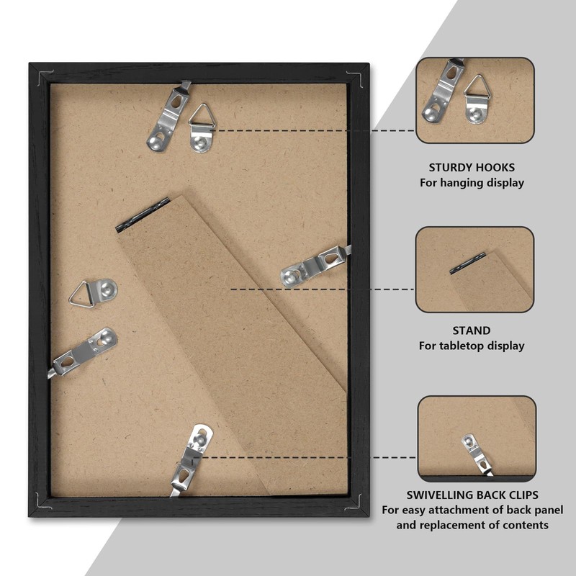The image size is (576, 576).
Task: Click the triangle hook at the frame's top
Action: click(x=201, y=129)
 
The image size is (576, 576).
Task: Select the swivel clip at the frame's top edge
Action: click(x=168, y=117)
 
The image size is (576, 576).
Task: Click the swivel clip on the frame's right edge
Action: click(x=315, y=265)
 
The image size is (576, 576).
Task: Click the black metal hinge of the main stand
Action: click(x=142, y=215)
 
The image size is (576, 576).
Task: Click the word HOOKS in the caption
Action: click(x=496, y=168)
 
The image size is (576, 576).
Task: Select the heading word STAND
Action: click(x=472, y=330)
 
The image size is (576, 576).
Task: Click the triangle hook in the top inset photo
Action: click(x=476, y=99)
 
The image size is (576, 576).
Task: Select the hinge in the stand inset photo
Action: click(x=467, y=263)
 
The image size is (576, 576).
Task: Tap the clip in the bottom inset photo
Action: click(x=477, y=455)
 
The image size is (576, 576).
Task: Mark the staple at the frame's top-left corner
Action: click(x=45, y=76)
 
